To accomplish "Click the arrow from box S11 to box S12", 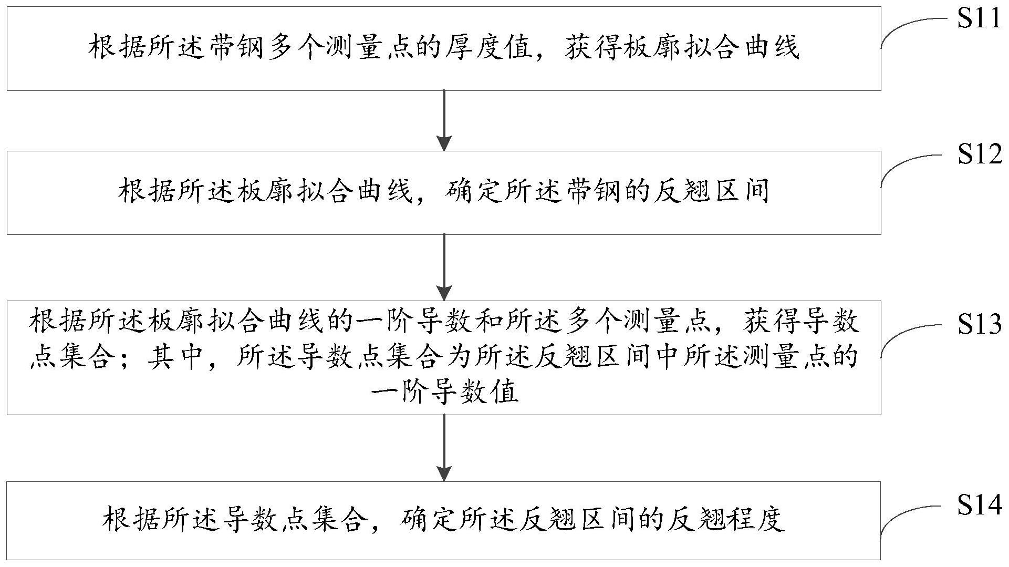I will click(x=444, y=120).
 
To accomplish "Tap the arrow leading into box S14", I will click(x=444, y=447).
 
